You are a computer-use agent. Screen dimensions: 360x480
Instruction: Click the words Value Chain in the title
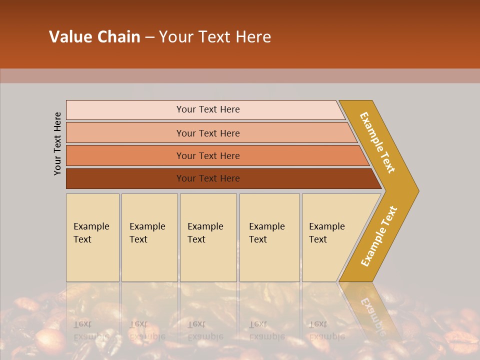(94, 37)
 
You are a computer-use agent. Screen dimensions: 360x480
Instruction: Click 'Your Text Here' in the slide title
(215, 37)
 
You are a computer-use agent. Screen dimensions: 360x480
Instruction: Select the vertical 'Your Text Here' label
(57, 143)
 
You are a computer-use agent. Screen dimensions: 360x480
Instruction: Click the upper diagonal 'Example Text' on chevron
(377, 142)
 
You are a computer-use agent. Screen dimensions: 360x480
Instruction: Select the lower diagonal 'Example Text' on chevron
(378, 236)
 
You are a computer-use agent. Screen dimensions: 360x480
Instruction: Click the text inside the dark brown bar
(208, 178)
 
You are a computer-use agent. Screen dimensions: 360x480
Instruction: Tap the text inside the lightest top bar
(208, 109)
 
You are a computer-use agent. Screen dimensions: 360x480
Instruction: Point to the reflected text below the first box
(91, 330)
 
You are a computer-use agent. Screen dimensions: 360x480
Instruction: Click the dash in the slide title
(149, 37)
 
